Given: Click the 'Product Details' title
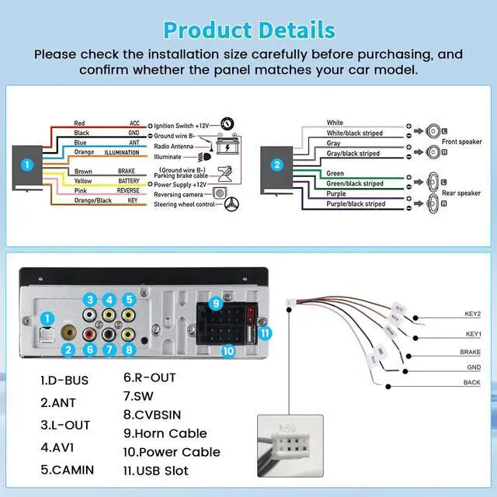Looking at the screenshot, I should coord(249,30).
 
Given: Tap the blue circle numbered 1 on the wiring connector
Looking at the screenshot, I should coord(27,165).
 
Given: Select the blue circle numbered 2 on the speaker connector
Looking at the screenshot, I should coord(276,165).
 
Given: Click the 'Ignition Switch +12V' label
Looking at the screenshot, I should coord(182,125).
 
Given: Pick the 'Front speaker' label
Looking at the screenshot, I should coord(461,142).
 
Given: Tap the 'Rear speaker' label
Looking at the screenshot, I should coord(461,193).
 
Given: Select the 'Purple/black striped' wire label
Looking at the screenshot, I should coord(356,204).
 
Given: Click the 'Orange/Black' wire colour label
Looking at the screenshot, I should coord(92,200).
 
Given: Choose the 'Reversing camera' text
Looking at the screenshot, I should coord(181,195).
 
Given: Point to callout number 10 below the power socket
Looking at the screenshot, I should coord(227,350).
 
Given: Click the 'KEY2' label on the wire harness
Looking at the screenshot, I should coord(472,315).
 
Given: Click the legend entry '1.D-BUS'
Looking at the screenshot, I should coord(64,381).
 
